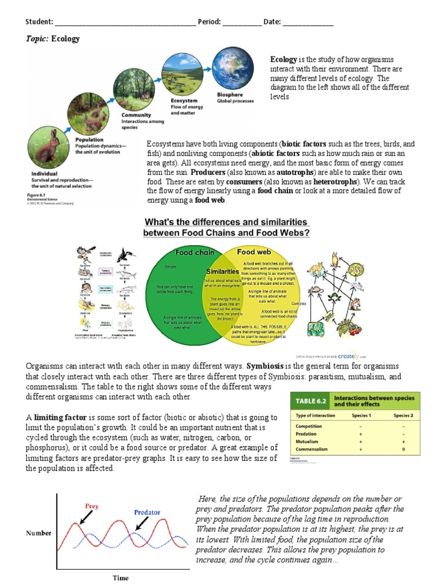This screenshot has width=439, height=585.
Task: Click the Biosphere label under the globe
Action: coord(230,95)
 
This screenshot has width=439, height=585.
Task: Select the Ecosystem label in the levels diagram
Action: coord(185,101)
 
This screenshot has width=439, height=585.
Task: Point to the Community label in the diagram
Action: coord(136,115)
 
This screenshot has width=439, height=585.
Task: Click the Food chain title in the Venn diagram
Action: coord(195,252)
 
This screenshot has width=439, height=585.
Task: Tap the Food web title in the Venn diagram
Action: coord(254,251)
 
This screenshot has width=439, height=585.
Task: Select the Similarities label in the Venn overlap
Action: coord(222,271)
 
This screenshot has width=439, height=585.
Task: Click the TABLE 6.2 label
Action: coord(309,400)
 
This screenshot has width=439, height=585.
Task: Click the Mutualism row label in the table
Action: coord(308,442)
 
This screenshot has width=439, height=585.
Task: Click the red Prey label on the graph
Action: coord(91,506)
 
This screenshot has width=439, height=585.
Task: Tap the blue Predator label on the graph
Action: coord(147,512)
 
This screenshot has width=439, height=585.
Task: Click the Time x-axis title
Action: coord(121,578)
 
